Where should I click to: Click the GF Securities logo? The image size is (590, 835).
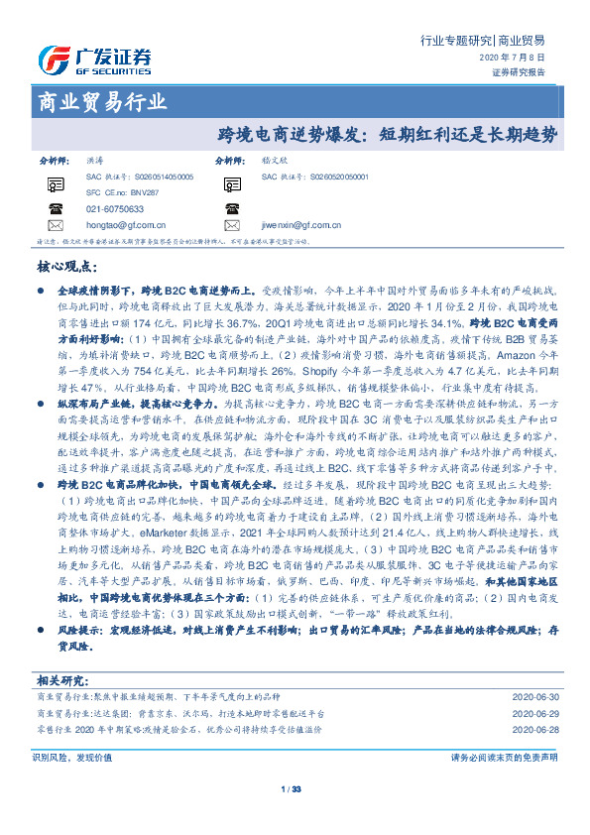(x=94, y=58)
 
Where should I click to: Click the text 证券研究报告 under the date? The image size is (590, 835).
(x=518, y=72)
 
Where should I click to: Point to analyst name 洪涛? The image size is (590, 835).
(x=94, y=159)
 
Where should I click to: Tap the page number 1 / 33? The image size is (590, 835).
(x=291, y=789)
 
